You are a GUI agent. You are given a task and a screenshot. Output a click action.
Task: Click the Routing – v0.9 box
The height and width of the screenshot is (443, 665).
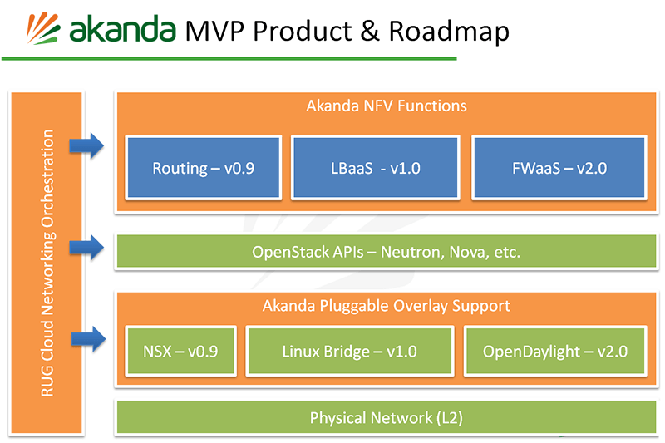[203, 168]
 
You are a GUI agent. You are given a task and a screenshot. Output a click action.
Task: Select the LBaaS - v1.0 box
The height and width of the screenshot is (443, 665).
[375, 168]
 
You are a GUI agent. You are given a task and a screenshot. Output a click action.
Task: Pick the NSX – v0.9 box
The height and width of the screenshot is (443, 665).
[180, 351]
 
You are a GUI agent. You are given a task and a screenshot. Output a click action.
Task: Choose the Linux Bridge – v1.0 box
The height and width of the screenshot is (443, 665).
[348, 351]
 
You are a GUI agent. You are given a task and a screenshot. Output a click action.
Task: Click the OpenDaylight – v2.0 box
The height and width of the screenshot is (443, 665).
[554, 351]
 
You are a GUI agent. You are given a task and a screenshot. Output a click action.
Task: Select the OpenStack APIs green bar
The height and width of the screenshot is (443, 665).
[386, 251]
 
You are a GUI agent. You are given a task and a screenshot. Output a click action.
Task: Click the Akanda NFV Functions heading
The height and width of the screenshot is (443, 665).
[386, 106]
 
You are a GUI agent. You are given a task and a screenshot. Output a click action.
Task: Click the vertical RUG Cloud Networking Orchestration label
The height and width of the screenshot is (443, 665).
[47, 263]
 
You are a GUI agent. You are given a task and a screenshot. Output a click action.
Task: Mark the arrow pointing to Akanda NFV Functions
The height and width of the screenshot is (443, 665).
[86, 147]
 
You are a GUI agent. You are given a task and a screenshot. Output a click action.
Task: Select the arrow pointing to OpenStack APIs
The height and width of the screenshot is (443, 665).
[86, 246]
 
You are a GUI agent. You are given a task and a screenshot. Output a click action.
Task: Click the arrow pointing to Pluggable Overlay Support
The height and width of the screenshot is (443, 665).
[86, 338]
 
